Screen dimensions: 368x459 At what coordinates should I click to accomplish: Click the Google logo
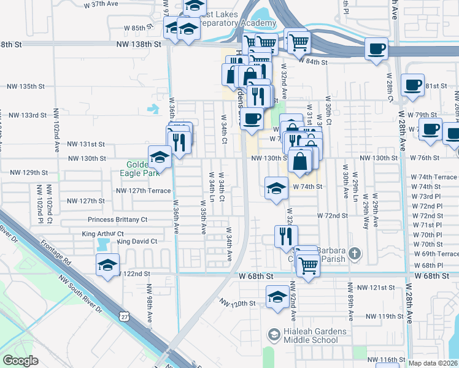click(20, 361)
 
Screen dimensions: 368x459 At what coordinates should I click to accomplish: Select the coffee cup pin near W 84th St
click(376, 48)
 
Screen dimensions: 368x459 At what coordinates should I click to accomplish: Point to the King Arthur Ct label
click(103, 234)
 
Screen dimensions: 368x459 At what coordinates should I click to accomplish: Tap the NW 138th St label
click(141, 44)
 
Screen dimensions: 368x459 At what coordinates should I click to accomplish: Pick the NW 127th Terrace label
click(143, 191)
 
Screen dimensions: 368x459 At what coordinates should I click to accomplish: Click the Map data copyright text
click(433, 363)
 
